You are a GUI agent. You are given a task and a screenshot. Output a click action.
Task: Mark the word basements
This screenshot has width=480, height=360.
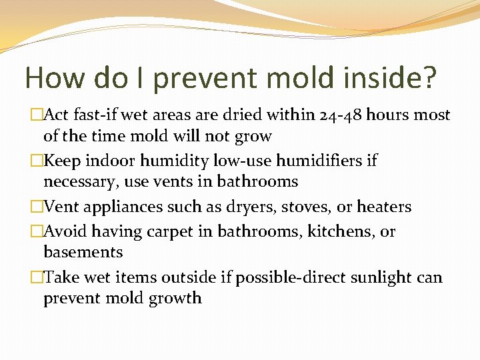tap(83, 252)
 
